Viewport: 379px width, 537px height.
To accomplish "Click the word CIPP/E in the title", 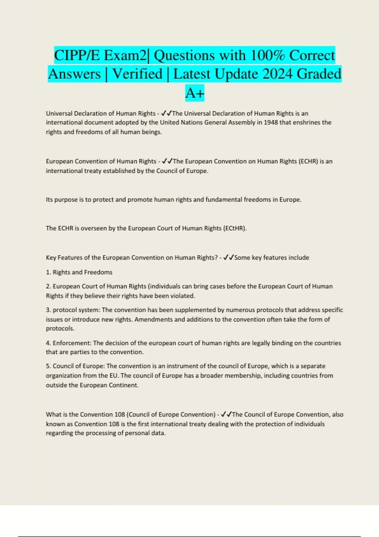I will click(77, 56).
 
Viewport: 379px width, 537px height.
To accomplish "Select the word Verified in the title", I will click(137, 74).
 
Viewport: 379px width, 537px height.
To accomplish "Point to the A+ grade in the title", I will click(195, 93).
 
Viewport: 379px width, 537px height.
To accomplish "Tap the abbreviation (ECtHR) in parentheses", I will click(234, 228).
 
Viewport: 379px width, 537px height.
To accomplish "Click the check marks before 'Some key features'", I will click(228, 257).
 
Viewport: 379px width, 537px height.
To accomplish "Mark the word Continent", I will click(123, 385).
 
